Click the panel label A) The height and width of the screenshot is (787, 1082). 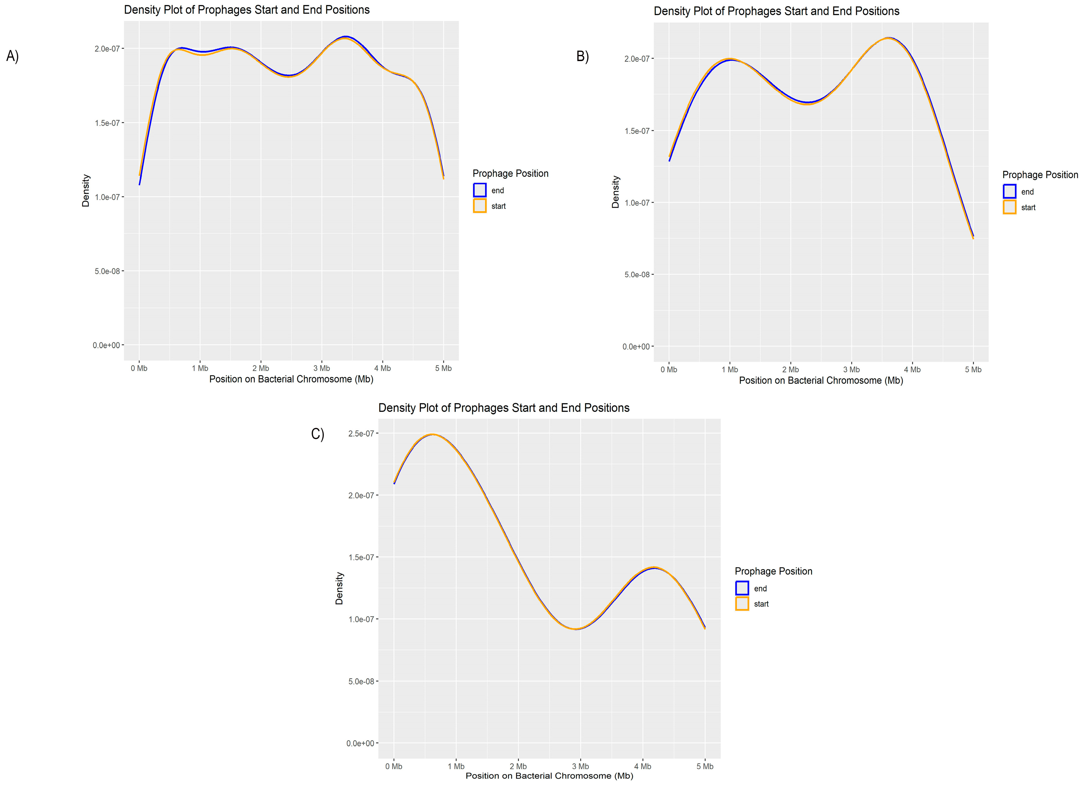(12, 56)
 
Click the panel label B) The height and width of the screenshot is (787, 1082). (582, 56)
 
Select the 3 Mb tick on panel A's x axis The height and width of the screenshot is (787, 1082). (322, 368)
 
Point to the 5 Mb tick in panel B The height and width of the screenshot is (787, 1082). (973, 370)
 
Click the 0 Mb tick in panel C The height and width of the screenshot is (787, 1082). (394, 767)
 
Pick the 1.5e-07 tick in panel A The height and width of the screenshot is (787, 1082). (107, 123)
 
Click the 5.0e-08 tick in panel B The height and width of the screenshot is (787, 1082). (637, 275)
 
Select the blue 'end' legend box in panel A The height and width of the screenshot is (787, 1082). (479, 190)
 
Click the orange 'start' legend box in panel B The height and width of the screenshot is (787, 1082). (1010, 207)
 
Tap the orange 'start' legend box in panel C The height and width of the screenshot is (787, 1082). (742, 604)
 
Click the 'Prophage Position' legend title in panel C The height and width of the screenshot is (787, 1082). (773, 572)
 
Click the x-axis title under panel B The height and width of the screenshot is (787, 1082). (821, 381)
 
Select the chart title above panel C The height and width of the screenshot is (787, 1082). (504, 408)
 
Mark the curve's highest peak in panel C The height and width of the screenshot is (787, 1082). (432, 435)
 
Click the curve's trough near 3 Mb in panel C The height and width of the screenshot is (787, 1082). (576, 629)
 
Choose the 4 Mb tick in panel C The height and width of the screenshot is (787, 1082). (643, 767)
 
